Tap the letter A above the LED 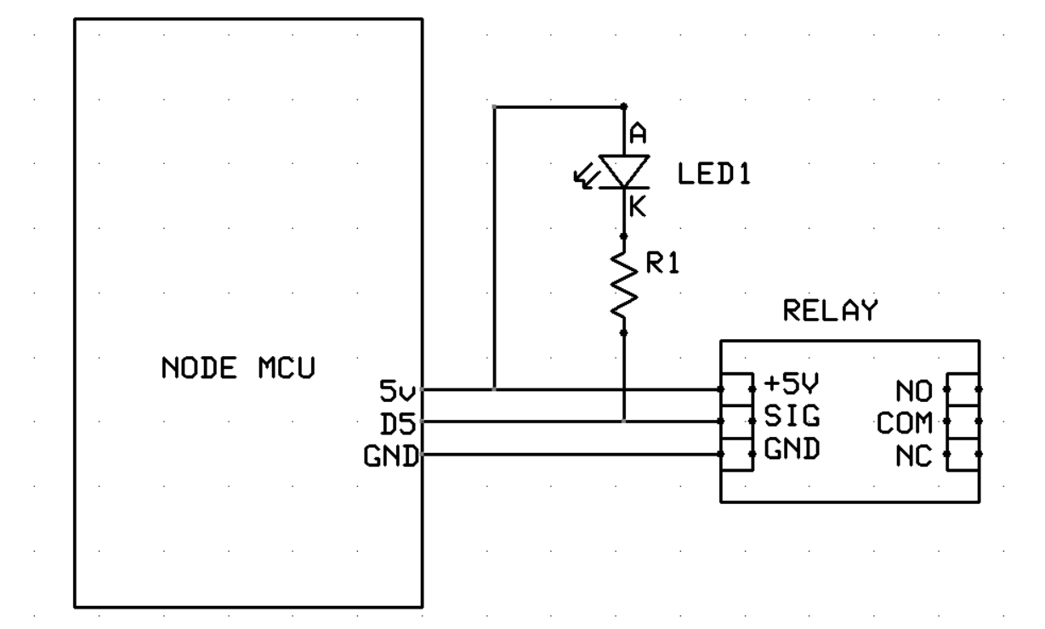point(637,133)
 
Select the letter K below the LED point(637,207)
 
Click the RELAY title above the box point(829,312)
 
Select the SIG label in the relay point(786,416)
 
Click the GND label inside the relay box point(791,450)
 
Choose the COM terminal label point(906,422)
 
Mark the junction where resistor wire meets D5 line point(624,422)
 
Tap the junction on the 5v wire point(494,389)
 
